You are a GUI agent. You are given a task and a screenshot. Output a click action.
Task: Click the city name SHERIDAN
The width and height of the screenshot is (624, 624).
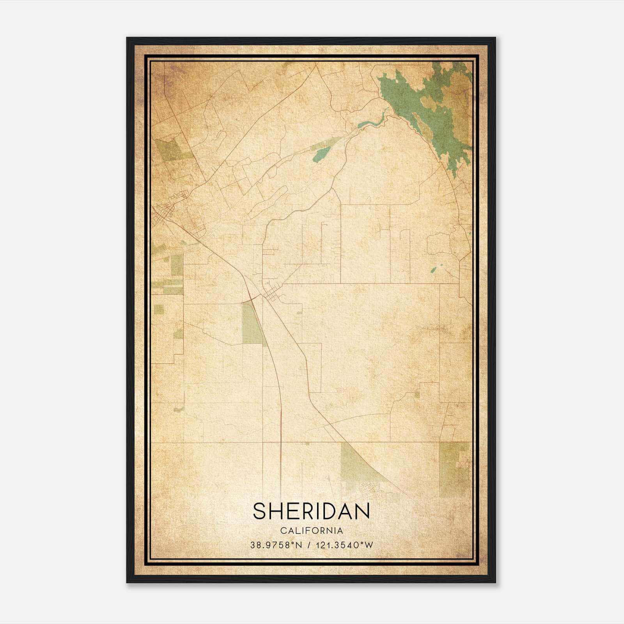coord(311,511)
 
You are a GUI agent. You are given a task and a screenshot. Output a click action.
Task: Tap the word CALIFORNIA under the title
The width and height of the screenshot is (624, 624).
coord(311,531)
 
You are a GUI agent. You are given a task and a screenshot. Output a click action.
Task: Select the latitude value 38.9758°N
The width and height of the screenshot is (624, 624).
coord(276,545)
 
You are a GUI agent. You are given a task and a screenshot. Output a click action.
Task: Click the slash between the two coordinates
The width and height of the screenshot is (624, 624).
coord(309,545)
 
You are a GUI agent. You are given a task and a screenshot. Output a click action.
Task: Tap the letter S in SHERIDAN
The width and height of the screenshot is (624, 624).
coord(260,511)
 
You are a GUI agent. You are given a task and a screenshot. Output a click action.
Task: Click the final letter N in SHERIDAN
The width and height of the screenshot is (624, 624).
coord(362,511)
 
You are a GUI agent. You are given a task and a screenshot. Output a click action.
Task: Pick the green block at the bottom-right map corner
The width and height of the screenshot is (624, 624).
coord(452,468)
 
